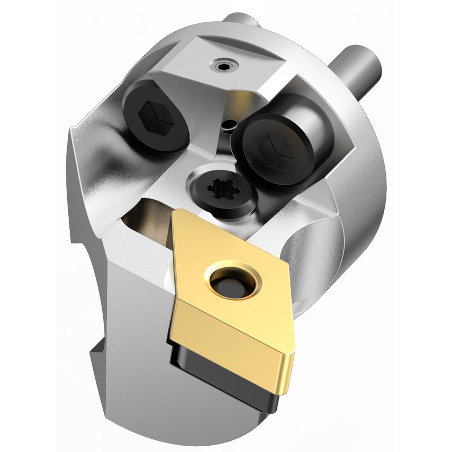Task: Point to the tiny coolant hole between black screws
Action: (x=229, y=125)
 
